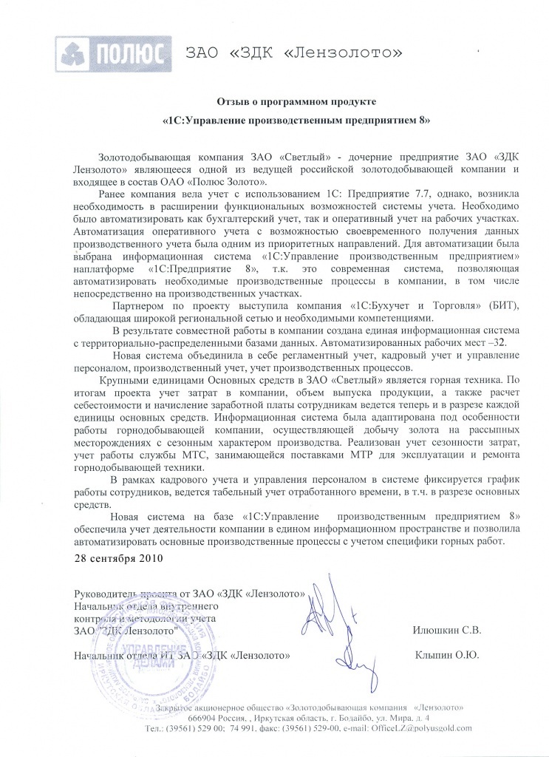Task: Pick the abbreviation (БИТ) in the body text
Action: (482, 305)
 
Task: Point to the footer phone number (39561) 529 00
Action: (194, 729)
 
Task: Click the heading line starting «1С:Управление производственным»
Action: (295, 119)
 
